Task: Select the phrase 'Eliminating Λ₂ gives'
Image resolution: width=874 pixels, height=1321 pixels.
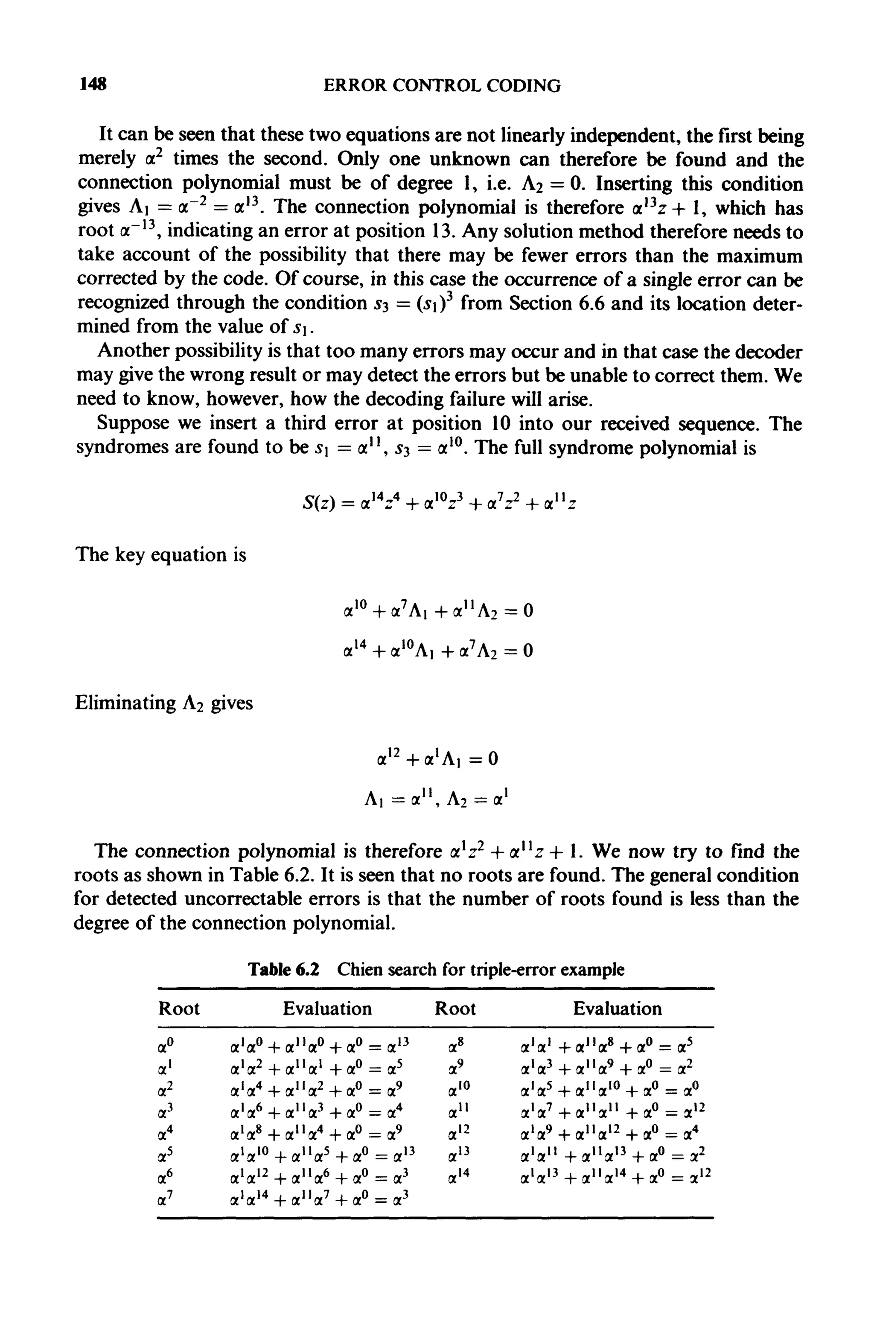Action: [164, 703]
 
